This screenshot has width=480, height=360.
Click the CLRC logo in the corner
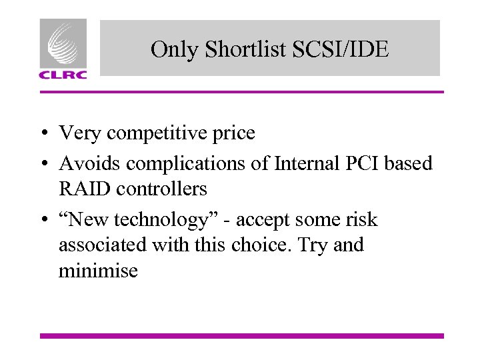63,49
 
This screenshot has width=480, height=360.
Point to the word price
233,133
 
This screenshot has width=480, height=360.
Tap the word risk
363,219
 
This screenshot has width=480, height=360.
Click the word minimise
98,271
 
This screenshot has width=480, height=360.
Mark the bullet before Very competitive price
43,134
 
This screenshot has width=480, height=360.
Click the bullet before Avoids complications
43,163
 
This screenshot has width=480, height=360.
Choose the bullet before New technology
43,220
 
